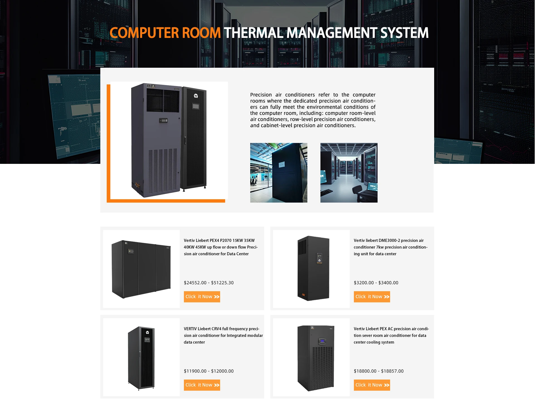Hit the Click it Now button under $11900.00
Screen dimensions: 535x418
click(202, 385)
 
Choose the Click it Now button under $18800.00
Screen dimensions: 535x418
click(372, 385)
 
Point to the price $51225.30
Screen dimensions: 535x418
click(222, 283)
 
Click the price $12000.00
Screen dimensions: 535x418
click(222, 371)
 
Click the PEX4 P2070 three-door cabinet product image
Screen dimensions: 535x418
click(141, 269)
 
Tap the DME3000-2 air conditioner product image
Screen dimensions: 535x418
click(313, 268)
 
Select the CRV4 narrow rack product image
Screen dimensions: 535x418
click(141, 358)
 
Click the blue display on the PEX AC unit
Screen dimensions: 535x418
click(322, 341)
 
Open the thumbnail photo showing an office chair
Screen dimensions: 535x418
click(349, 173)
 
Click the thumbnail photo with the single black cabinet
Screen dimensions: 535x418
click(279, 173)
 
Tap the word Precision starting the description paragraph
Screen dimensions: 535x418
click(261, 95)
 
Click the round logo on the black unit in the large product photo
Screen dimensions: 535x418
click(196, 96)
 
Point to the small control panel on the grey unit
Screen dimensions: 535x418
click(163, 120)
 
